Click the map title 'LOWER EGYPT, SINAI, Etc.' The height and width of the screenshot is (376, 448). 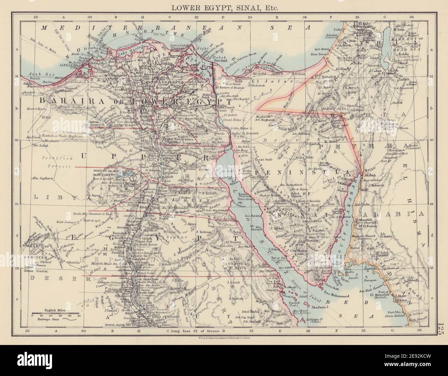point(223,7)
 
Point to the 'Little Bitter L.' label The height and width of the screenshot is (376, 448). point(238,128)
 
